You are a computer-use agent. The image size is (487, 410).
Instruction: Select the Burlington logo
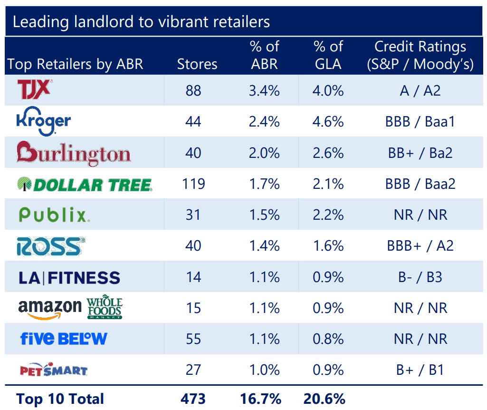(x=73, y=152)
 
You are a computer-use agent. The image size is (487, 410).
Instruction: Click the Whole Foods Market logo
(x=104, y=308)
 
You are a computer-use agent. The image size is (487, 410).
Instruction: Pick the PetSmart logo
(x=53, y=370)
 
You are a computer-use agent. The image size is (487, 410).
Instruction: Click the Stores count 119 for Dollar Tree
(x=193, y=184)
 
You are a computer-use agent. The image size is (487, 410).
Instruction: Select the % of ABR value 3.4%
(x=264, y=90)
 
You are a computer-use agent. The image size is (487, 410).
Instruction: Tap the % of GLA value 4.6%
(x=328, y=122)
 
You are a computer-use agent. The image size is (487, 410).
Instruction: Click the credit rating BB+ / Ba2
(x=420, y=153)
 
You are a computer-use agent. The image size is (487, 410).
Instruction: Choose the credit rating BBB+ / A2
(x=420, y=246)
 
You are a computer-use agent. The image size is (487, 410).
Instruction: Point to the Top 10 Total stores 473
(x=193, y=399)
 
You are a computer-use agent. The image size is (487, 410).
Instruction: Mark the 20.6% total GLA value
(x=325, y=399)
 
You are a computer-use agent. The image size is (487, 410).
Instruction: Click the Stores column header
(x=197, y=64)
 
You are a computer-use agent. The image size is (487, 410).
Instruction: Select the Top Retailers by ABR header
(x=76, y=64)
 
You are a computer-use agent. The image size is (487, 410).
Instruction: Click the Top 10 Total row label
(x=60, y=399)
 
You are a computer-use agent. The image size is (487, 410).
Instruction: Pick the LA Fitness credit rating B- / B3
(x=420, y=277)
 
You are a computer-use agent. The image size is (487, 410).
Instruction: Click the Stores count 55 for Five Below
(x=193, y=339)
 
